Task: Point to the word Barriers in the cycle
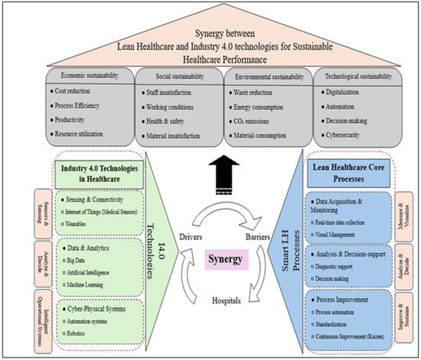click(257, 237)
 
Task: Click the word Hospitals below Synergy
click(226, 301)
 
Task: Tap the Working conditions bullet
click(170, 107)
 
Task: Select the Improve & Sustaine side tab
click(405, 315)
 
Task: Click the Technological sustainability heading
click(359, 76)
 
